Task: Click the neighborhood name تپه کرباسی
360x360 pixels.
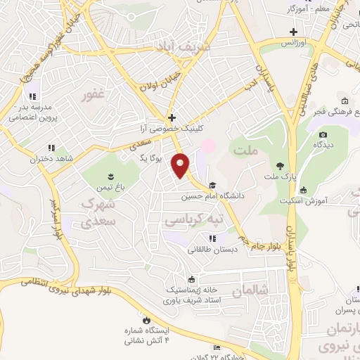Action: point(194,220)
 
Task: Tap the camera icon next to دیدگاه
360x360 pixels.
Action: point(323,135)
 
